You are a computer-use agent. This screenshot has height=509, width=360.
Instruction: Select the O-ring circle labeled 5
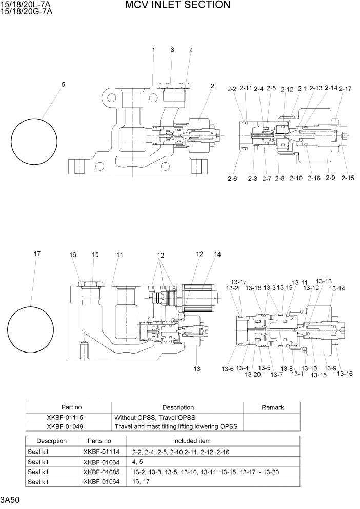(x=34, y=141)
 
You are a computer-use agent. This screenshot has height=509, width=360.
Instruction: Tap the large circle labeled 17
(x=31, y=327)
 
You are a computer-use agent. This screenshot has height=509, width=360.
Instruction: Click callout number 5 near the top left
(x=63, y=84)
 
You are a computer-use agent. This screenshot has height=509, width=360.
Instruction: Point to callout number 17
(x=37, y=253)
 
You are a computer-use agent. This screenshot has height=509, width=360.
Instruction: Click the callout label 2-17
(x=345, y=89)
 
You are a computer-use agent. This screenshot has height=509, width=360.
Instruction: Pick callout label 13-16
(x=345, y=373)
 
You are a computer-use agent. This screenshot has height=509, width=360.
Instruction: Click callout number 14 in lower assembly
(x=217, y=254)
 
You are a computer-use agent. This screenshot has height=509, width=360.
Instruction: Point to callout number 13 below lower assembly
(x=197, y=369)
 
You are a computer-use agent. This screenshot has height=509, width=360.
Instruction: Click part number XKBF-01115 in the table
(x=69, y=417)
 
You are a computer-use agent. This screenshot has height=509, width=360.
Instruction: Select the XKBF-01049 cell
(x=69, y=426)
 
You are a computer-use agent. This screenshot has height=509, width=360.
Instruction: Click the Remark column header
(x=272, y=407)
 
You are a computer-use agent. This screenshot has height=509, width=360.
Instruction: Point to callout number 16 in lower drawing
(x=73, y=255)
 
